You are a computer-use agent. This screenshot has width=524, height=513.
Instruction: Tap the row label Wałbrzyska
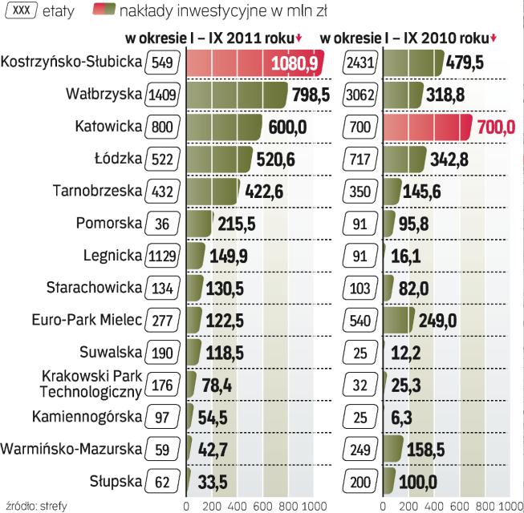[x=104, y=95]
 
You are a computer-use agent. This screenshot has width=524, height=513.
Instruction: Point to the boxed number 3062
[x=359, y=96]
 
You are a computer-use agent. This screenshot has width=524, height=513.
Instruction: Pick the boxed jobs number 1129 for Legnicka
[x=163, y=256]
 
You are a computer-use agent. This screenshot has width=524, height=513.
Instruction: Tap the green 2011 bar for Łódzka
[x=219, y=159]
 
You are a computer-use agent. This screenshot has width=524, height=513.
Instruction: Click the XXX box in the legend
[x=21, y=11]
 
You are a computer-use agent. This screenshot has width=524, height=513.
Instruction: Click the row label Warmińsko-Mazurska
[x=72, y=449]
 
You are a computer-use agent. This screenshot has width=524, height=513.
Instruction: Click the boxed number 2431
[x=359, y=63]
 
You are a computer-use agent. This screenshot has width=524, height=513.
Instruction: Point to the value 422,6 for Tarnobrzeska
[x=264, y=192]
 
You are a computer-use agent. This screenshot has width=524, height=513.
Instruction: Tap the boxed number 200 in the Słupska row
[x=359, y=482]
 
